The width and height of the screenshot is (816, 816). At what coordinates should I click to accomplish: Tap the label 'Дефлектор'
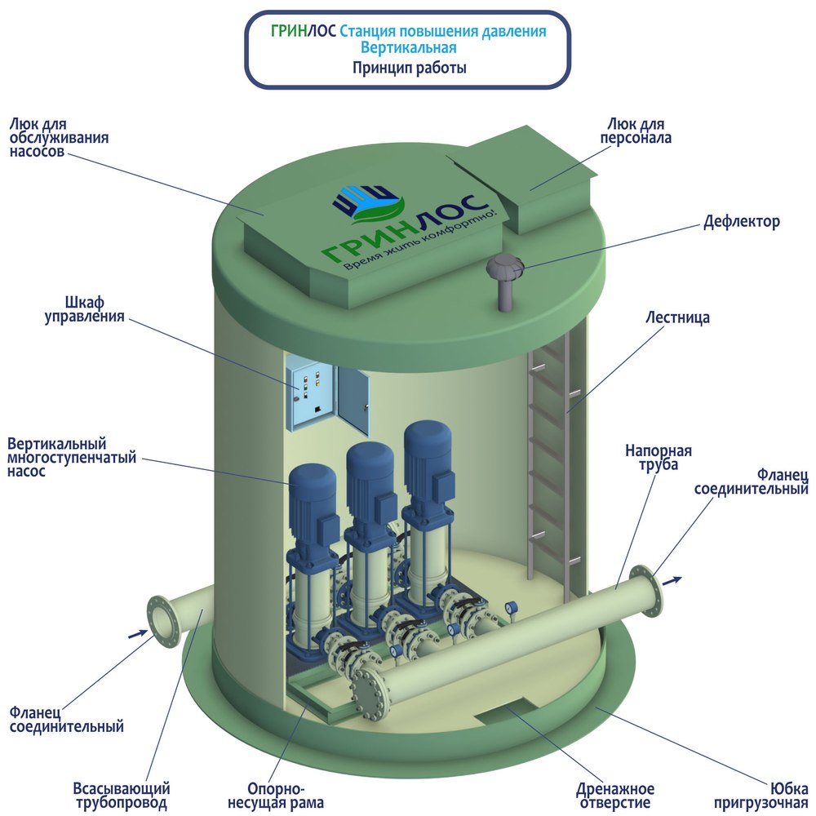point(742,222)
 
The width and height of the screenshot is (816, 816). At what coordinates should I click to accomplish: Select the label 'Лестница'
point(677,317)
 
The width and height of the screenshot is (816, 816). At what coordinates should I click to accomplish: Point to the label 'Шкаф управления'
point(84,309)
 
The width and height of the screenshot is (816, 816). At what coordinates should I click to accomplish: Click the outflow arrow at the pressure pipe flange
point(673,580)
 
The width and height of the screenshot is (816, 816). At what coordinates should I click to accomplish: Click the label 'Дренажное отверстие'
point(614,796)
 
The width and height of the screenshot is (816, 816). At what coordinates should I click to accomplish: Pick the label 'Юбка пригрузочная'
point(761,796)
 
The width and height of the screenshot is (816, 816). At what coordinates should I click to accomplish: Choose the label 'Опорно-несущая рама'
point(276,796)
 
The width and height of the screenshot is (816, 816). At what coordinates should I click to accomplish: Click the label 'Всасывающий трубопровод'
point(122,796)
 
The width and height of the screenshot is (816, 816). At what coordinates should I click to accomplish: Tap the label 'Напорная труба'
point(659,457)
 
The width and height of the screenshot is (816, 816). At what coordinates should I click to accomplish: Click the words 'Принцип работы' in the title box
point(409,69)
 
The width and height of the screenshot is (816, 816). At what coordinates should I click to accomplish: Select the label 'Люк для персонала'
point(636,131)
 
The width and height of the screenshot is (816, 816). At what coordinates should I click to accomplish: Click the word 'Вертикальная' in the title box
point(409,48)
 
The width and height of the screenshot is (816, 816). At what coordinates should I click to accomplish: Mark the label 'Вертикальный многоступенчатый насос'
point(72,458)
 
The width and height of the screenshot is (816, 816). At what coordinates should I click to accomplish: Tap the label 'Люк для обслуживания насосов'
point(59,137)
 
